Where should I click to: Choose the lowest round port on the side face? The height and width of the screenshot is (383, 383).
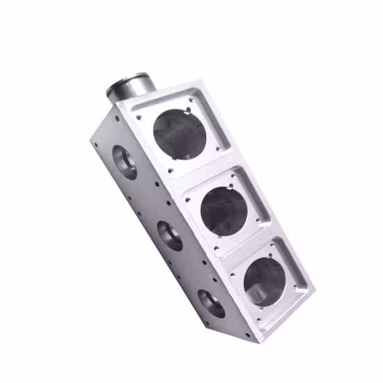(x=210, y=303)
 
